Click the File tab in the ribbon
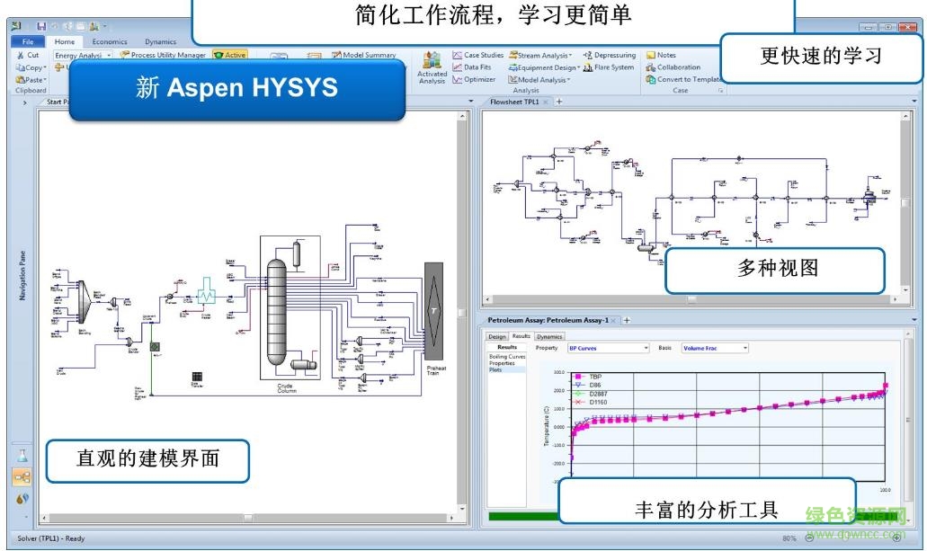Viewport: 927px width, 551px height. (28, 41)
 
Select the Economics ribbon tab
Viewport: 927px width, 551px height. (110, 41)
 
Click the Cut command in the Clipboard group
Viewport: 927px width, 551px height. (28, 55)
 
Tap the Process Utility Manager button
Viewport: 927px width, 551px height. (163, 55)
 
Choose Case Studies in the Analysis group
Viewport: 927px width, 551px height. (478, 55)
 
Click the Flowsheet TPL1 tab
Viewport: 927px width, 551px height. (513, 102)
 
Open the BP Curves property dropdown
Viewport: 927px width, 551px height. (608, 348)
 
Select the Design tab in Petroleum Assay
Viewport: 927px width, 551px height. (497, 336)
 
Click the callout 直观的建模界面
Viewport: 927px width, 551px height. (147, 460)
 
